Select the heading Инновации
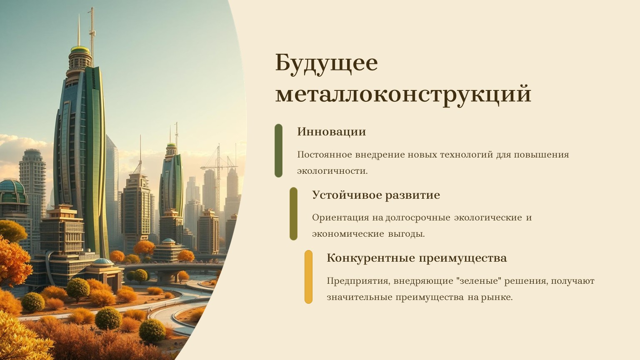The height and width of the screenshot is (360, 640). coord(331,132)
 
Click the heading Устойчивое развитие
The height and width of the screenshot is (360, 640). coord(376,195)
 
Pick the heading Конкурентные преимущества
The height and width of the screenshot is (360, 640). coord(417,258)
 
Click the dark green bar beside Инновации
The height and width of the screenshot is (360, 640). coord(279,150)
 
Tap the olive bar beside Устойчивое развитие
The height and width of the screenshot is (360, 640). coord(293,214)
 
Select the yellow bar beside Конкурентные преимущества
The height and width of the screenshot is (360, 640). coord(309,277)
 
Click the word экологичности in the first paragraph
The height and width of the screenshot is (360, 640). coord(332,171)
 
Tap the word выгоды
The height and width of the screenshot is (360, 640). coord(406,235)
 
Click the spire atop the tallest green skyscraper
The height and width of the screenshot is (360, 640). coord(79,30)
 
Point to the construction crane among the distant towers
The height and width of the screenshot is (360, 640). coord(219,174)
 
